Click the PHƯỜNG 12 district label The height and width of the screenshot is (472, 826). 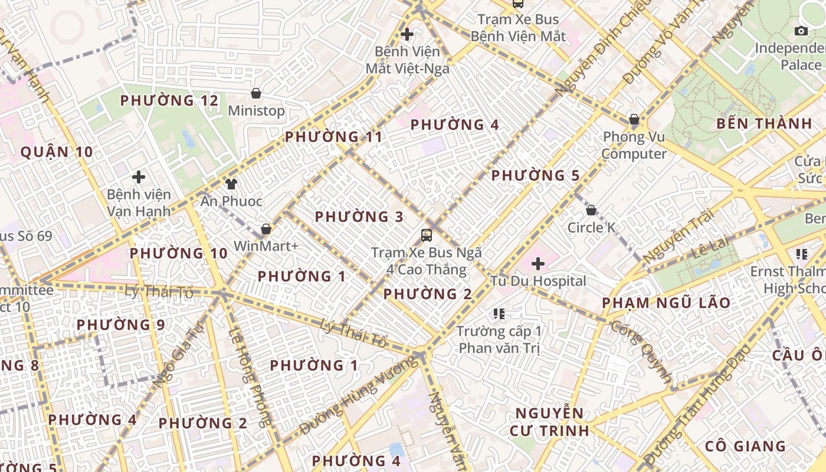coord(169,101)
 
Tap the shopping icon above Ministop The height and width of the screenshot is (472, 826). coord(256,93)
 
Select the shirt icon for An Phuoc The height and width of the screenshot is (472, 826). coord(231,184)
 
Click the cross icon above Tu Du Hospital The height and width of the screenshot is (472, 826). coord(538,264)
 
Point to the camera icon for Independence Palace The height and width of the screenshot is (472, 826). coord(801,31)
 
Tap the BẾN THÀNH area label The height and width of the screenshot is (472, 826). coord(764,124)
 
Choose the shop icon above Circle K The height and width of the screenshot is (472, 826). coord(591,210)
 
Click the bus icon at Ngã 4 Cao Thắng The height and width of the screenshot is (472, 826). coord(426,235)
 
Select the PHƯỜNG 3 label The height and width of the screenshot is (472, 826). coord(359,217)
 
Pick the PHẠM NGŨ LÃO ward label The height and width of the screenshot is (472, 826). coord(666,303)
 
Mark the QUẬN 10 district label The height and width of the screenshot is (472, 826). coord(57,152)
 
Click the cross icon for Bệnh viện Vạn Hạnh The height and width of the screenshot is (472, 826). coord(139,177)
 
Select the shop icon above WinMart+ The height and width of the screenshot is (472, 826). coord(266,229)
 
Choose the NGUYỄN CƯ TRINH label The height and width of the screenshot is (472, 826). coord(549,421)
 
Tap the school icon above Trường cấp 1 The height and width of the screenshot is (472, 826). coord(499,313)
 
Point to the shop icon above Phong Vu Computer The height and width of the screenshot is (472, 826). coord(634,120)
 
